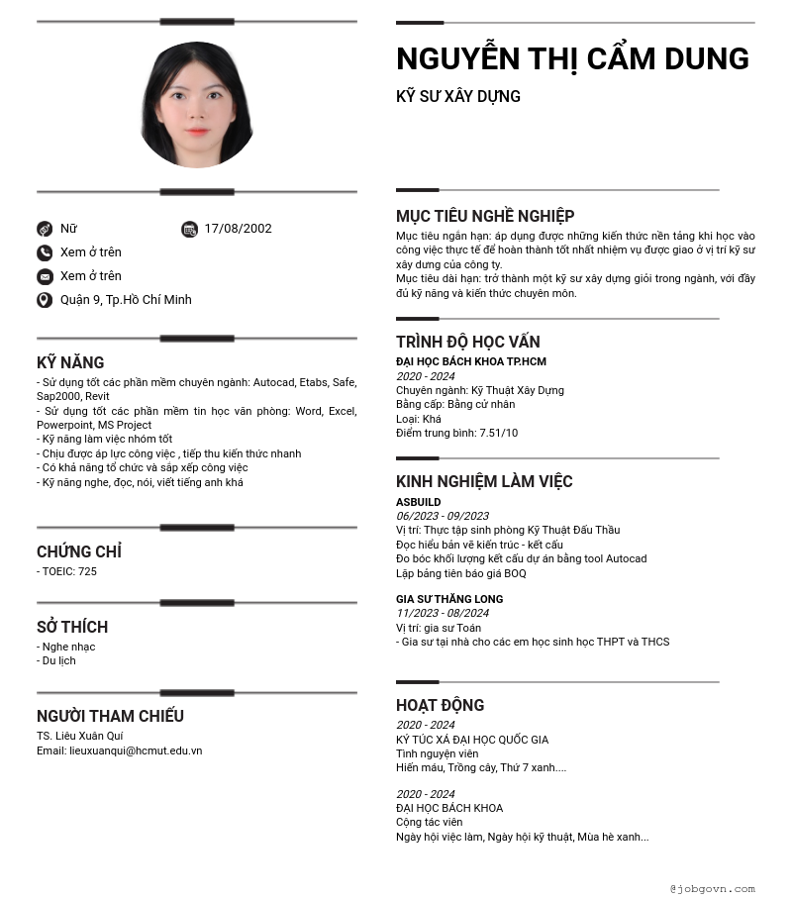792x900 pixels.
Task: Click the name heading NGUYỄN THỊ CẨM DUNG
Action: coord(572,59)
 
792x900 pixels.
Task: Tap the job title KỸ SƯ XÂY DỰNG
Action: coord(457,96)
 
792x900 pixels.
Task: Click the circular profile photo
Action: coord(197,105)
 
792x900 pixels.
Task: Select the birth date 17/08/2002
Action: coord(238,229)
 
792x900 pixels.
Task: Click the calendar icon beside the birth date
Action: coord(189,230)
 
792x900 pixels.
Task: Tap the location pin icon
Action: coord(45,300)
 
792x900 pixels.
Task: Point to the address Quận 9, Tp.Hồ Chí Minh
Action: coord(126,300)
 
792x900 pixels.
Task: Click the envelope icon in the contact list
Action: coord(45,276)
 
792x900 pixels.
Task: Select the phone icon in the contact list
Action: coord(45,252)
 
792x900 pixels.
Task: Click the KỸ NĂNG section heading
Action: coord(70,362)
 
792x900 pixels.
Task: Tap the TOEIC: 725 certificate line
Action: coord(68,571)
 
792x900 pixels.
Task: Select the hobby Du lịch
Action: coord(58,660)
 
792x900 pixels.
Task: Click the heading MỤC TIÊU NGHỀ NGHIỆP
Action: coord(485,216)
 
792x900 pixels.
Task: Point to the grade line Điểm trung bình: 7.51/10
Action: coord(456,433)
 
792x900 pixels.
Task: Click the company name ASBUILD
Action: coord(418,502)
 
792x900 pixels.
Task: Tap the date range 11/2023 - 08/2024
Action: coord(442,613)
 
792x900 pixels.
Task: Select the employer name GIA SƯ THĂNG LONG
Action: coord(449,599)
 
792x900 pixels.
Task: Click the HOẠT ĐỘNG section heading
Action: coord(440,705)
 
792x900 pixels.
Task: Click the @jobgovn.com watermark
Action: coord(712,889)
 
